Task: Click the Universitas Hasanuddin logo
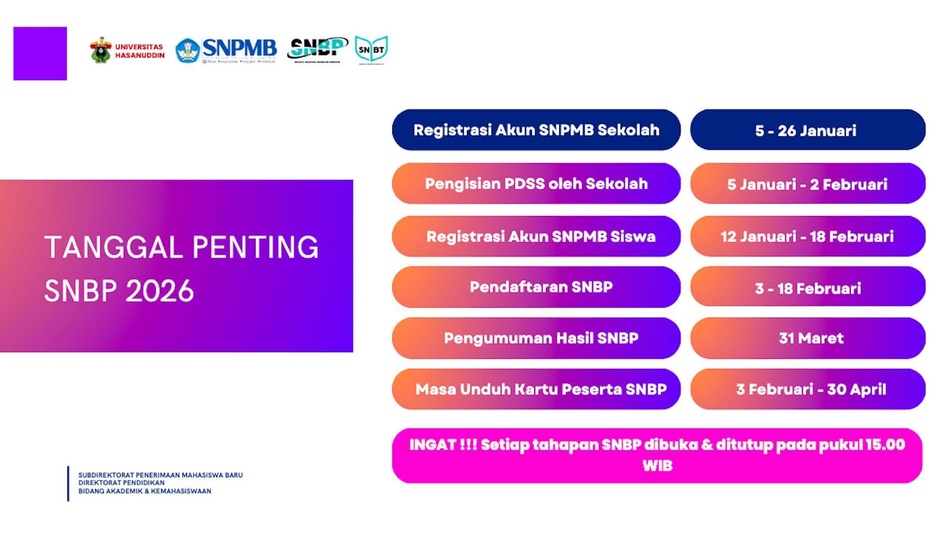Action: click(x=127, y=51)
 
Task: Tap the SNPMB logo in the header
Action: click(x=226, y=51)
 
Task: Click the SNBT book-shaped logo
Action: click(x=371, y=50)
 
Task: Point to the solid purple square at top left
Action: click(x=40, y=53)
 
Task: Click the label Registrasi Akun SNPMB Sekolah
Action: click(x=536, y=130)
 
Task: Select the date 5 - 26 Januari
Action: click(x=807, y=130)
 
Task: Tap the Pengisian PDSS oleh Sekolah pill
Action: click(x=536, y=184)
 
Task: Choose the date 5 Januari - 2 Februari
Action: click(x=807, y=184)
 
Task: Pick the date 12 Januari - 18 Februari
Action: click(x=807, y=236)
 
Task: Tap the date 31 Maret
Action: click(x=811, y=338)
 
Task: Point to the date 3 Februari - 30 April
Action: click(x=811, y=389)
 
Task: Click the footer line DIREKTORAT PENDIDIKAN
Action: click(x=121, y=483)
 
